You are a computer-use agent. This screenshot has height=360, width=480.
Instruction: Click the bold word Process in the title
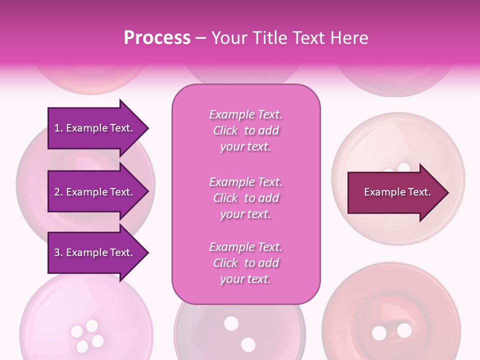click(157, 38)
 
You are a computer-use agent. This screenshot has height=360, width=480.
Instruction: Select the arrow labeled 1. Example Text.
click(95, 128)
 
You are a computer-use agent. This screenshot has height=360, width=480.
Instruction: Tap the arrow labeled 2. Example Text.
click(95, 192)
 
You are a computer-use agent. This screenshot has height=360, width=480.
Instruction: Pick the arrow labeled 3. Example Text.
click(95, 252)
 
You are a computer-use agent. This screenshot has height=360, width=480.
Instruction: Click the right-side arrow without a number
click(395, 192)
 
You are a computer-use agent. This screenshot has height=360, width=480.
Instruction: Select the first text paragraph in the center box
click(245, 130)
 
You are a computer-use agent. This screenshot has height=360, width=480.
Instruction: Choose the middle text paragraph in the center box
click(245, 198)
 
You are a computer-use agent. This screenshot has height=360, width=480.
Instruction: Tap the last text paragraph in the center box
click(245, 263)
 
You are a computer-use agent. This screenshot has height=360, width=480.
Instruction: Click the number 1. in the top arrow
click(58, 128)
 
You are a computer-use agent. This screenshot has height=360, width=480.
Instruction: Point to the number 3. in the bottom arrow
click(58, 252)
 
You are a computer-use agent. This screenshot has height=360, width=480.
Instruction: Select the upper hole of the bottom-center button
click(231, 323)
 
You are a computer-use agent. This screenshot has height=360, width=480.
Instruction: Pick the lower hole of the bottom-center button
click(248, 344)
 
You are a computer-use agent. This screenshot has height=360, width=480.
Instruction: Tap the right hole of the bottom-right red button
click(404, 330)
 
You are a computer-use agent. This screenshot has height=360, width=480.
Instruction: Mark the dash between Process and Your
click(201, 38)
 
